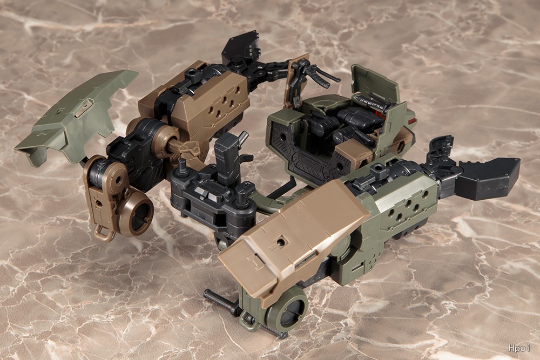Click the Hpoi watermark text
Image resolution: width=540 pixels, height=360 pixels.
[x=519, y=348]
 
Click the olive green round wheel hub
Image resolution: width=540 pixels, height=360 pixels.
[x=288, y=308]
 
